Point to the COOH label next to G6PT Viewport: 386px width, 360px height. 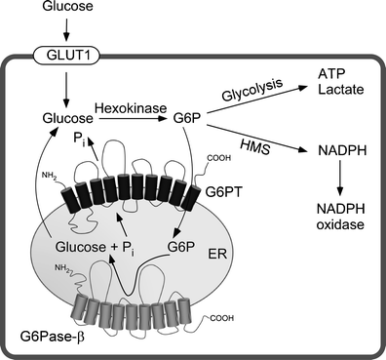pyautogui.click(x=217, y=151)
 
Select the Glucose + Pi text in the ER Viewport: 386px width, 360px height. pyautogui.click(x=96, y=248)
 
